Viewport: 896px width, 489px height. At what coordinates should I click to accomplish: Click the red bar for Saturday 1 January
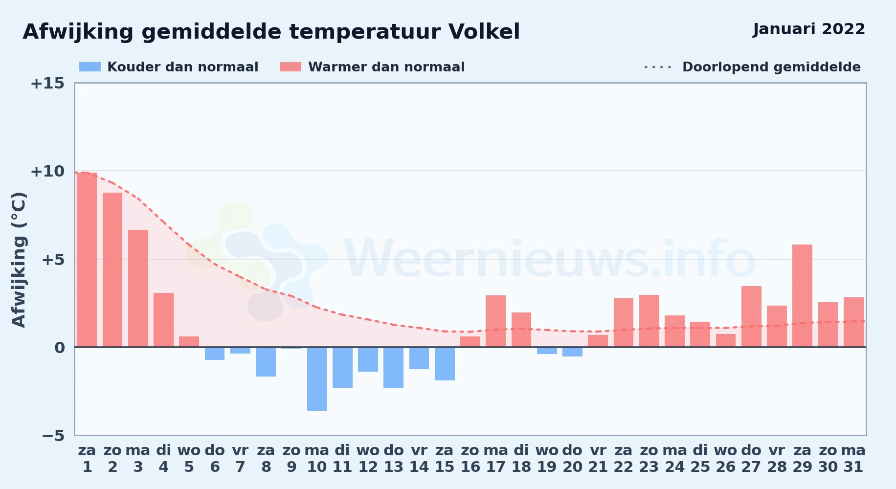point(87,260)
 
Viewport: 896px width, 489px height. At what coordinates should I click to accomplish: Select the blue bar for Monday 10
point(317,379)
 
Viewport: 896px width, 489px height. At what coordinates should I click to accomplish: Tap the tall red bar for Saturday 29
point(802,296)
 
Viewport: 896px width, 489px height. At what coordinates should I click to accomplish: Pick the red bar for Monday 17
point(495,321)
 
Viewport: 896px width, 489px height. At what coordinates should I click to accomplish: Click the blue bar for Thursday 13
point(393,368)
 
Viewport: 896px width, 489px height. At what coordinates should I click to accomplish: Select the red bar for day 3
point(138,289)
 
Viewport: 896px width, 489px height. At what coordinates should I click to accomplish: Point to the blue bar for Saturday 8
point(266,362)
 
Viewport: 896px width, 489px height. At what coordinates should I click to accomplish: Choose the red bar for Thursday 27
point(751,316)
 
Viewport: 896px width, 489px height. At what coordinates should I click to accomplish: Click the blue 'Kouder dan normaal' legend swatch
point(90,67)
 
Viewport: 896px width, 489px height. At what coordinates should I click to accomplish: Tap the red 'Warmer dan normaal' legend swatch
point(291,67)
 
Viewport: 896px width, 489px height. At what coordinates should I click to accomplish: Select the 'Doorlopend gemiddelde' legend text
point(771,67)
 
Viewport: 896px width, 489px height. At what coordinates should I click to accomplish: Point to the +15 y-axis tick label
point(47,83)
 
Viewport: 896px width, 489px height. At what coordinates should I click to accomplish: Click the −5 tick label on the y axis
point(53,436)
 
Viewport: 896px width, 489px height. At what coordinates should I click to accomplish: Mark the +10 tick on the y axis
point(47,171)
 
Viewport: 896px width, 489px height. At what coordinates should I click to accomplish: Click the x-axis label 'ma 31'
point(853,458)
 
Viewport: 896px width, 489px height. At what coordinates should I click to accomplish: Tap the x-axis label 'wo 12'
point(368,458)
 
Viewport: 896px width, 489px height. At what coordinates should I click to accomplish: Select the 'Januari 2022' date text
point(809,29)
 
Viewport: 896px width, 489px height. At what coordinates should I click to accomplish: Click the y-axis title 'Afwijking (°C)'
point(19,260)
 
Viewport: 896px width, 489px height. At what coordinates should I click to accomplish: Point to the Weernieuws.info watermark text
point(550,259)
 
